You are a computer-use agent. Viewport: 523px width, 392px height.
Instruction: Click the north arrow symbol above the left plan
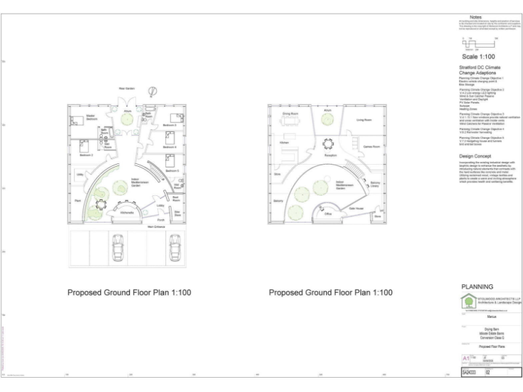154,93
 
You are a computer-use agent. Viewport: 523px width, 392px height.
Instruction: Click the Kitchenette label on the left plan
127,214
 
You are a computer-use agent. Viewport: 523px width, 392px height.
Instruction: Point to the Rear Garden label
127,88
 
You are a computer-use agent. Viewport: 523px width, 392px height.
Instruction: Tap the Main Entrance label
155,227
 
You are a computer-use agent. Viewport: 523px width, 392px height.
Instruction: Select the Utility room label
80,175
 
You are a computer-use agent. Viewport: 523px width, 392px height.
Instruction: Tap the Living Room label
364,120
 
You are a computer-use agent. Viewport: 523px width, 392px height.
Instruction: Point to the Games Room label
371,146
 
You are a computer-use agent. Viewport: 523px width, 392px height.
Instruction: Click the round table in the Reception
328,144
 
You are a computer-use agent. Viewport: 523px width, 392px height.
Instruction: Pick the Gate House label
356,208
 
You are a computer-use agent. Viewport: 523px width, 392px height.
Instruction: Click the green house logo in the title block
468,301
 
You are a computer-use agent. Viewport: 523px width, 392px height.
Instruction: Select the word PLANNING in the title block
477,287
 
